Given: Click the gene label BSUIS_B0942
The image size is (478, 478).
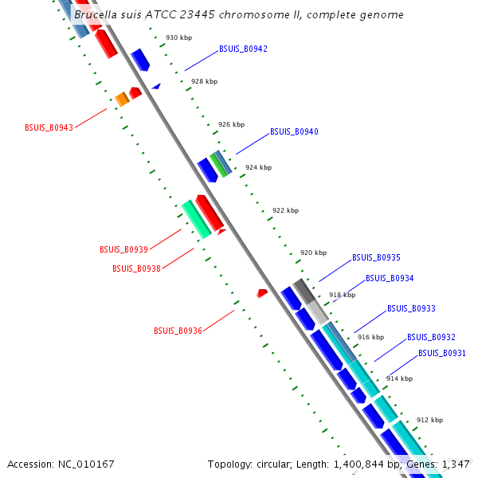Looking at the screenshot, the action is (x=243, y=49).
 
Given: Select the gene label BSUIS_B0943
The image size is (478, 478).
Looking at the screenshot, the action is (x=49, y=127).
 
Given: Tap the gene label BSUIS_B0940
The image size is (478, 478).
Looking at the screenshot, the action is (x=294, y=132).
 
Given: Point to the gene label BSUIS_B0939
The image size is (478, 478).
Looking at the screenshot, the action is (x=123, y=250).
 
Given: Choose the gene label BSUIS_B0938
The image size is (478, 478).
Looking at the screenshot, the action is (x=136, y=269).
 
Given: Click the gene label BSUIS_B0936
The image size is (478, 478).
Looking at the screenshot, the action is (x=178, y=331).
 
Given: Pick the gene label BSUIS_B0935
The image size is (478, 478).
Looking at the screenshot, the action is (x=376, y=258).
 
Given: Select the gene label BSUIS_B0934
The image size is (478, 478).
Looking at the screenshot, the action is (x=390, y=279).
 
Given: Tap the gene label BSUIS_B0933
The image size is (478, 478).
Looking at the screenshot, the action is (x=411, y=309).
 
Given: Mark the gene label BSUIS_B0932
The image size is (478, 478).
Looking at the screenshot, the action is (x=431, y=338).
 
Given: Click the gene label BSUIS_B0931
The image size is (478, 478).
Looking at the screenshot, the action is (x=442, y=354).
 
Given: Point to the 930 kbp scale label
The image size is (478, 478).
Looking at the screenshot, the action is (x=178, y=38).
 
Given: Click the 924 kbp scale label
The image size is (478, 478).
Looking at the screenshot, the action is (x=258, y=168).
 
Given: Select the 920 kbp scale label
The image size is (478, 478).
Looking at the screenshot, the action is (x=313, y=253).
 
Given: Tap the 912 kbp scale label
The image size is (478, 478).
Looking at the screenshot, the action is (x=429, y=420).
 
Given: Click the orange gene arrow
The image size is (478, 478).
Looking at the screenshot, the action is (x=122, y=99).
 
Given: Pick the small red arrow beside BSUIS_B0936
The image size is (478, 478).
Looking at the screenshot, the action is (x=262, y=294).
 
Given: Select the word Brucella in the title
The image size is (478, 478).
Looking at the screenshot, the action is (x=95, y=15).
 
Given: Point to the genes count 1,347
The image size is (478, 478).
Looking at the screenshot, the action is (x=456, y=464).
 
